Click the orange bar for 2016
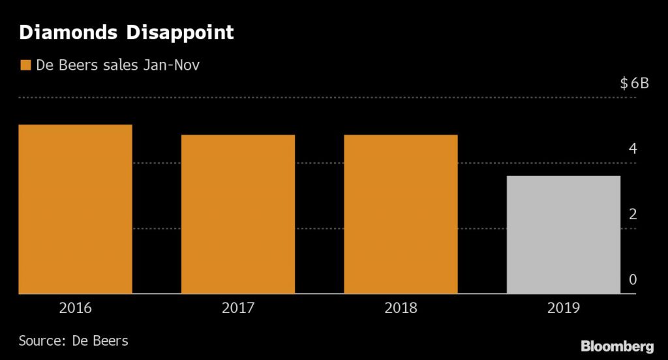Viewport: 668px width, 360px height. pos(76,209)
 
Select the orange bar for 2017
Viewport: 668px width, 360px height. pos(238,215)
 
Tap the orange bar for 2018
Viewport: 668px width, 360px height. pos(401,215)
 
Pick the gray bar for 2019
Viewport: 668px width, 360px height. pos(563,235)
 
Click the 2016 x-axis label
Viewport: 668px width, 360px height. pos(75,308)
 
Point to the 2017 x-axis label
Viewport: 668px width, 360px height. pos(238,308)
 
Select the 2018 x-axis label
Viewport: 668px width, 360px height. pos(401,308)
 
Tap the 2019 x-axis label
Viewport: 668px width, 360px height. pos(563,308)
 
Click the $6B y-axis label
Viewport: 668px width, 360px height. pos(634,83)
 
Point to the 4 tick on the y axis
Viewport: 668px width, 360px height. pos(632,149)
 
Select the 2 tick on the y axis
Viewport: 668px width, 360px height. pos(632,215)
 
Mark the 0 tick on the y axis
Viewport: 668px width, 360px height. pos(632,280)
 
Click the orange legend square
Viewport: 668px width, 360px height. pos(25,65)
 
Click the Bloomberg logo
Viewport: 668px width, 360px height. pos(617,346)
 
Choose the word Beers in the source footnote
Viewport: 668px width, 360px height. pos(111,340)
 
